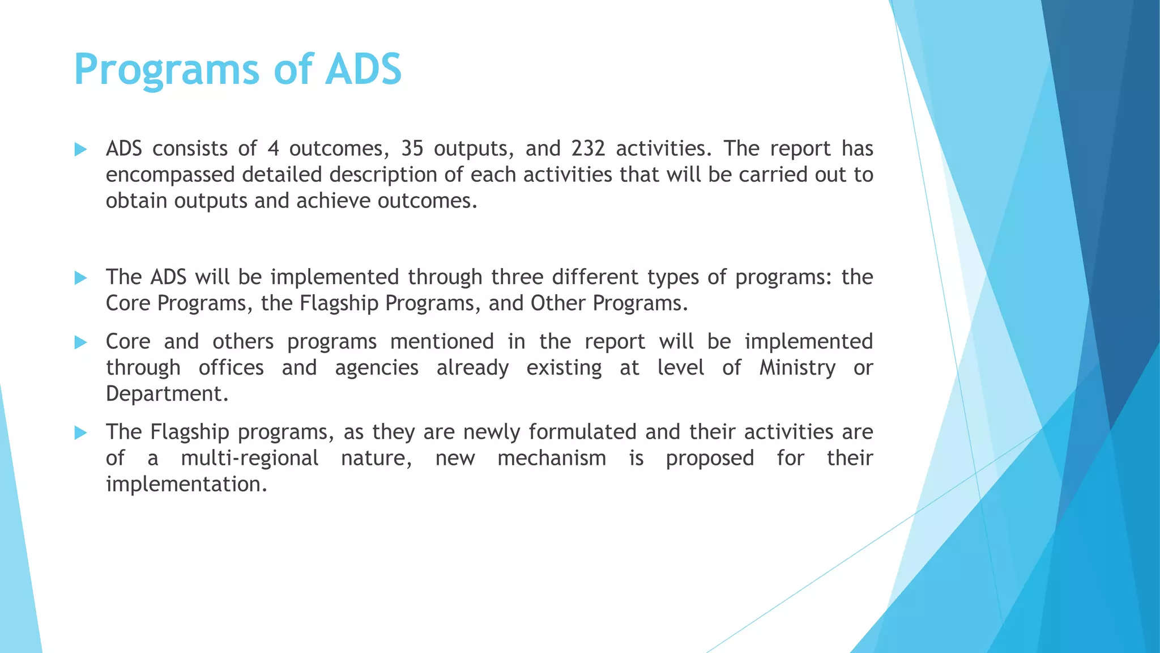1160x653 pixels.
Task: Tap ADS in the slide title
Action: point(363,69)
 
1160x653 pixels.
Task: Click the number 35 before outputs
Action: point(412,149)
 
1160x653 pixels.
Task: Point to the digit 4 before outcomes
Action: point(273,149)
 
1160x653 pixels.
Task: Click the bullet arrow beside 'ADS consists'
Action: point(80,150)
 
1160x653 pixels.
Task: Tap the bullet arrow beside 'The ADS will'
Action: point(80,278)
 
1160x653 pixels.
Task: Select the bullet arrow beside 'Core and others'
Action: point(80,342)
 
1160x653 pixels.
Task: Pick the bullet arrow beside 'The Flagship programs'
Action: point(80,433)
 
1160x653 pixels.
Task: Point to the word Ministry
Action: point(797,368)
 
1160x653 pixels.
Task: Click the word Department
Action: point(167,394)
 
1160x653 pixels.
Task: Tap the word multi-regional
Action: point(249,458)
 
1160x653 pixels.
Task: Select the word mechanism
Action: point(552,458)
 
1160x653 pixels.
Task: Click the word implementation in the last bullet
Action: point(186,485)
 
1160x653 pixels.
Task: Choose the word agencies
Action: point(377,368)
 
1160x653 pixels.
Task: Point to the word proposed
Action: point(710,459)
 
